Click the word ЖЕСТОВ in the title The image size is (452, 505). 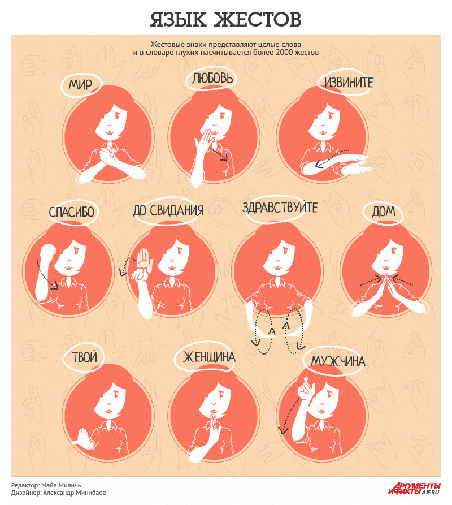pos(258,19)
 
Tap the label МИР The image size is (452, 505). pos(80,85)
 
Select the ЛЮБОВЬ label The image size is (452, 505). pos(212,78)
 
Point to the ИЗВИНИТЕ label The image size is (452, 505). pos(349,83)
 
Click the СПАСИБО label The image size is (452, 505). pos(71,212)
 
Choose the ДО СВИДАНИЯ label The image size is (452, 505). pos(168,210)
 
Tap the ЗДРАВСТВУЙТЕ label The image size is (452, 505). pos(280,208)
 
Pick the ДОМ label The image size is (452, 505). pos(384,212)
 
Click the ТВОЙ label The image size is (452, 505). pos(85,357)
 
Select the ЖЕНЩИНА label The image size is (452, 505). pos(209,357)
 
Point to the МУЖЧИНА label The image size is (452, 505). pos(338,361)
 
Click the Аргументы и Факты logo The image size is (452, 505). pos(414,488)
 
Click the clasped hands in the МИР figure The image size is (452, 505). pos(108,153)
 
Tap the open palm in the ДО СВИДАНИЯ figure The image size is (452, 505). pos(144,258)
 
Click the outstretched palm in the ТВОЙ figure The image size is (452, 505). pos(83,438)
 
